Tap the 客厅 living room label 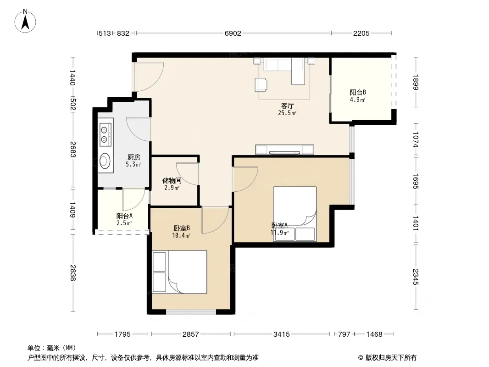point(287,106)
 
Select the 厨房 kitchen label point(134,157)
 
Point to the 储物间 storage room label point(172,181)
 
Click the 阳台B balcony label point(358,92)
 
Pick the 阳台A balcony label point(124,216)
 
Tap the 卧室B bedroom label point(182,228)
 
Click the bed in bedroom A point(295,214)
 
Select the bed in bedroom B point(180,272)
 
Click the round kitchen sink point(105,161)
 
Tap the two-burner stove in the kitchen point(106,135)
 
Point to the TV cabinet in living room point(284,150)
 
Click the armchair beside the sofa point(261,84)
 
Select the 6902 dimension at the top point(233,33)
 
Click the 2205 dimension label point(361,33)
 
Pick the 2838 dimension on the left point(72,273)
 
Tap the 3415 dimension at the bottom point(282,334)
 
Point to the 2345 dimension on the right point(416,277)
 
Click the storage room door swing point(188,174)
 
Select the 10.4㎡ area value point(181,236)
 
